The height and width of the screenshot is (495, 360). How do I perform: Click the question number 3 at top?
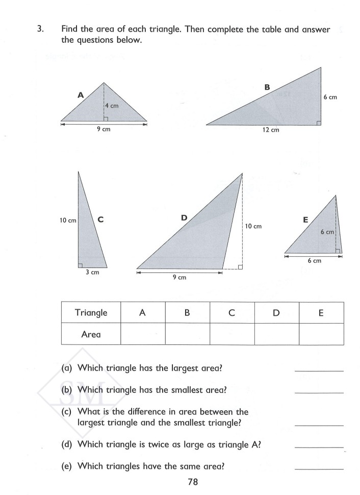tap(39, 30)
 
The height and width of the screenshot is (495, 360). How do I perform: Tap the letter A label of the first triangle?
tap(81, 94)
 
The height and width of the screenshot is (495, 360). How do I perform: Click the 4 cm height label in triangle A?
tap(112, 106)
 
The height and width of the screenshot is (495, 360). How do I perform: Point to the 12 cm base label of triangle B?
tap(271, 130)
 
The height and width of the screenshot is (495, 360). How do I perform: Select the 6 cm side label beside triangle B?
tap(330, 96)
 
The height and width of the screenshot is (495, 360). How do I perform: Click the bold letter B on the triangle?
tap(267, 87)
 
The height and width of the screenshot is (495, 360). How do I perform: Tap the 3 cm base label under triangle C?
tap(92, 273)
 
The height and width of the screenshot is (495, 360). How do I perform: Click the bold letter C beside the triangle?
tap(100, 220)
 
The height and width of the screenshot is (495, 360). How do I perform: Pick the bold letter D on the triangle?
tap(184, 218)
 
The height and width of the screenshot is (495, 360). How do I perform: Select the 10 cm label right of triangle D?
tap(253, 226)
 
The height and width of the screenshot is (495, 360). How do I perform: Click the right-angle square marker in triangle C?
tap(81, 264)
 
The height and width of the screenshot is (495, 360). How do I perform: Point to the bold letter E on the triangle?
tap(305, 220)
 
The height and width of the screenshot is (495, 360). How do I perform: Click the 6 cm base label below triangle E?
tap(314, 261)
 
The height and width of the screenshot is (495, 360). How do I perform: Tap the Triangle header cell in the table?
tap(91, 313)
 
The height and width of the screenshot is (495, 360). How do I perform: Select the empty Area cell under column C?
tap(232, 334)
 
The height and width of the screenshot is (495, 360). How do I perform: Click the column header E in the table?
tap(321, 313)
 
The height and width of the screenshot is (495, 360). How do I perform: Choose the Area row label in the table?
tap(91, 334)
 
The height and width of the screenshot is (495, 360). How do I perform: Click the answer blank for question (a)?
tap(319, 370)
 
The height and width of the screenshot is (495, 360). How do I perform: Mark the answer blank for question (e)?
tap(319, 468)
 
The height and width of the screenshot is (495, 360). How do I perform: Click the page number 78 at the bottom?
tap(192, 481)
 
